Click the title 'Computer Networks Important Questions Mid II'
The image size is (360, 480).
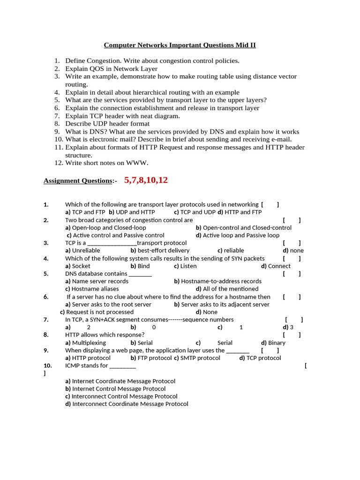coord(180,45)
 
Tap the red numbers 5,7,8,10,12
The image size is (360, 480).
coord(146,180)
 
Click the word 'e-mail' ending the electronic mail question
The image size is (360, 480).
coord(281,139)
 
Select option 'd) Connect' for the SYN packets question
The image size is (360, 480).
coord(276,266)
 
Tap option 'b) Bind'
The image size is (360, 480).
coord(140,266)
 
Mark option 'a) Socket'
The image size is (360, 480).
coord(78,266)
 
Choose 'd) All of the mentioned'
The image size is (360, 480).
coord(227,289)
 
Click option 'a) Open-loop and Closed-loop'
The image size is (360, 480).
coord(105,228)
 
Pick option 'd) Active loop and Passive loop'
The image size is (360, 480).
coord(238,235)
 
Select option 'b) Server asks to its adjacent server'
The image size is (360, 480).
coord(222,305)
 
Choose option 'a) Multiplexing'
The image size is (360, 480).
coord(85,343)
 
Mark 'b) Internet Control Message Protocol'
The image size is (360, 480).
coord(115,389)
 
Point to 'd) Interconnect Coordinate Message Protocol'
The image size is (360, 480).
coord(127,404)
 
